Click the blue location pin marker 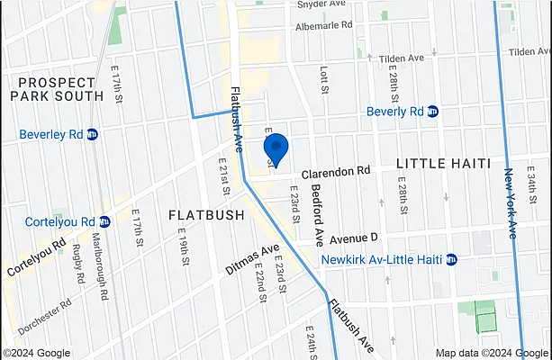pyautogui.click(x=275, y=148)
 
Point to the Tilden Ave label pyautogui.click(x=400, y=58)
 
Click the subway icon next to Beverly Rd pyautogui.click(x=432, y=112)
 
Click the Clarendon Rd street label pyautogui.click(x=336, y=170)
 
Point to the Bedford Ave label pyautogui.click(x=317, y=215)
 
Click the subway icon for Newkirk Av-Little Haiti pyautogui.click(x=451, y=260)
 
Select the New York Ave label pyautogui.click(x=511, y=202)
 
